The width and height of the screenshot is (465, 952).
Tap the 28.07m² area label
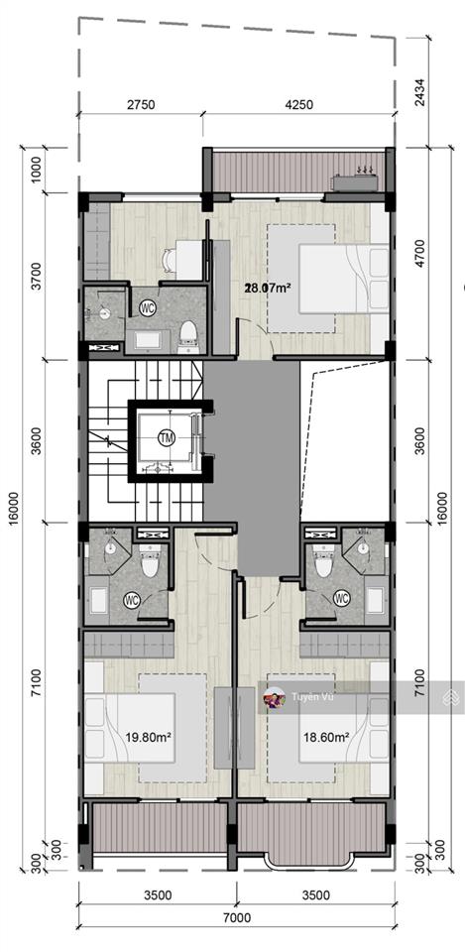coord(267,288)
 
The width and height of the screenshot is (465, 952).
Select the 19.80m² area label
coord(148,738)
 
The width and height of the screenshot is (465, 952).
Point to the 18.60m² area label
coord(326,738)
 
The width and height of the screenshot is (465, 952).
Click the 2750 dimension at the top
coord(141,104)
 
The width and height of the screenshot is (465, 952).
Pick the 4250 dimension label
coord(298,104)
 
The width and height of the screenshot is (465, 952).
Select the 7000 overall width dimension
coord(237,917)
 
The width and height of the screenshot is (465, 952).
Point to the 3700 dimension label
coord(36,276)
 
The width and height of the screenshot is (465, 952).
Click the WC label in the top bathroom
coord(148,307)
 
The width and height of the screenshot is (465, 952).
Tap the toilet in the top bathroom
coord(187,336)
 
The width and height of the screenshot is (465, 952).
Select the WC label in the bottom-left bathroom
coord(132,600)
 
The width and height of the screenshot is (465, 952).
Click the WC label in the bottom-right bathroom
coord(342,599)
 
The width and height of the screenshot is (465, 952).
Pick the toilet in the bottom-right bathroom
coord(323,559)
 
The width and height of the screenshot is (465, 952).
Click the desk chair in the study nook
coord(170,261)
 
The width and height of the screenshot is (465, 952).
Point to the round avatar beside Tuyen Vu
coord(275,698)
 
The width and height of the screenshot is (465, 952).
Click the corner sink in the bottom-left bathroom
coord(110,548)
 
